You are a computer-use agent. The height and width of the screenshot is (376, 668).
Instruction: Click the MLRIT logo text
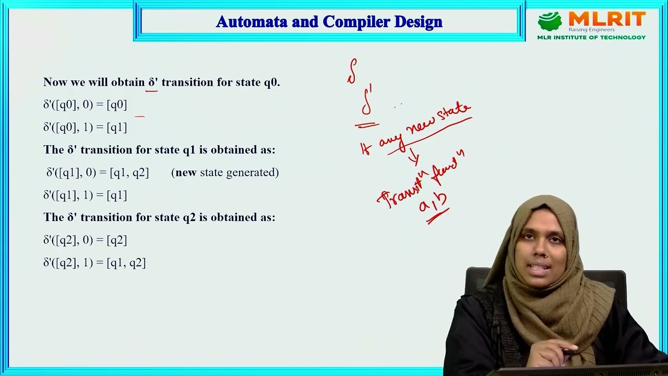607,20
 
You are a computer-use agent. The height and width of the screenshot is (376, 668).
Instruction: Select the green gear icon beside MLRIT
550,21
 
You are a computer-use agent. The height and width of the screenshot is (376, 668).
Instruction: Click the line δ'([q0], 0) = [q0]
85,105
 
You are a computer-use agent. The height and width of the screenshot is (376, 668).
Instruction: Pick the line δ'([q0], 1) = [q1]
85,127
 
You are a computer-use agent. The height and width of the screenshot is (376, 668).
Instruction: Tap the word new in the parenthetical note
186,173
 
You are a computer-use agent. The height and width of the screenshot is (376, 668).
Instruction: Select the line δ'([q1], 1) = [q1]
85,195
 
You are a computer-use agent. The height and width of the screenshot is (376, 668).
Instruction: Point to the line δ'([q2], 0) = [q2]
85,240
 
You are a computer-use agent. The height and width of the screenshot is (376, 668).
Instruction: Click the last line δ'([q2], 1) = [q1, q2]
94,263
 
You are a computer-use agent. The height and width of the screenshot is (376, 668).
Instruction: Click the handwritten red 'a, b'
433,204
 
